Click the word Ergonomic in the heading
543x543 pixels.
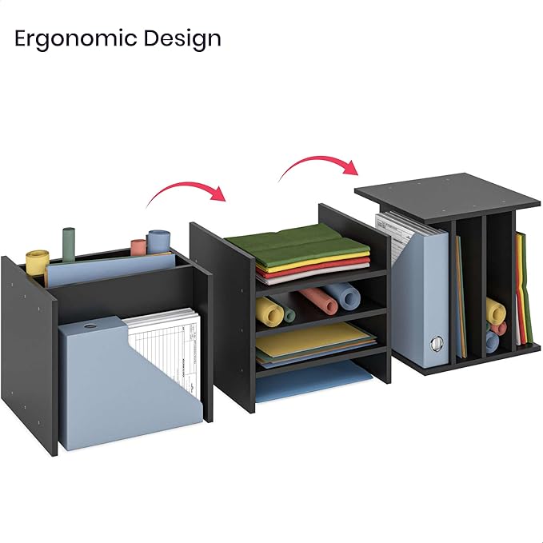(74, 38)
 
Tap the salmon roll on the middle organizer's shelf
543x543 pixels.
(317, 301)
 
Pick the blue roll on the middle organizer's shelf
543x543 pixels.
(345, 295)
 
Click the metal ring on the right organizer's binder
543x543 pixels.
(435, 344)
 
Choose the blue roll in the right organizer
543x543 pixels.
(492, 342)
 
